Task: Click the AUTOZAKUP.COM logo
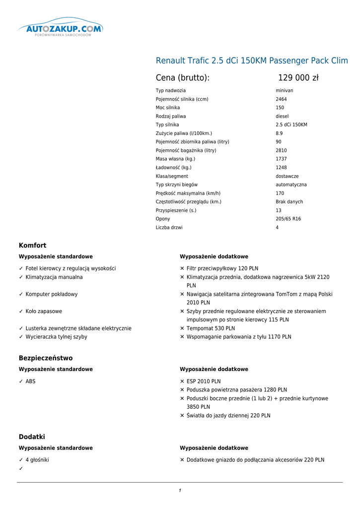tap(60, 29)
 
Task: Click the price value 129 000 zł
tap(298, 78)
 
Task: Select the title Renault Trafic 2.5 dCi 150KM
tap(252, 61)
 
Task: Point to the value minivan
tap(285, 91)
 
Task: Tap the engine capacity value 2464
tap(281, 99)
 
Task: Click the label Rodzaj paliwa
tap(170, 117)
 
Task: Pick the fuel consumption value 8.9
tap(279, 133)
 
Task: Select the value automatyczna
tap(291, 185)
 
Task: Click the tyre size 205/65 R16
tap(288, 219)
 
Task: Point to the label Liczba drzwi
tap(169, 228)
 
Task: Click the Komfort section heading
tap(32, 246)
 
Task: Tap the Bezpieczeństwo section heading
tap(46, 358)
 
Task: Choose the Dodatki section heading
tap(32, 437)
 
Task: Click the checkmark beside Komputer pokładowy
tap(21, 294)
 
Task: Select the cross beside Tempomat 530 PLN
tap(182, 328)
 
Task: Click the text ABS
tap(30, 381)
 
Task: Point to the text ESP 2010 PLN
tap(204, 381)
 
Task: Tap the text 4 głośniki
tap(37, 460)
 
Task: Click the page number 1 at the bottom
tap(180, 491)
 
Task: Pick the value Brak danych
tap(289, 202)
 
